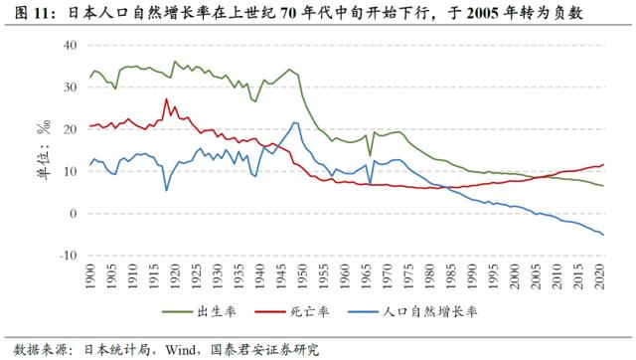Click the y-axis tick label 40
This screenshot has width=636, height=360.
[68, 45]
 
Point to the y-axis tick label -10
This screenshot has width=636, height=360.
[66, 256]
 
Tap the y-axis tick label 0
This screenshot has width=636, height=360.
[72, 214]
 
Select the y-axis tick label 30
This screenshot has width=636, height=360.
[68, 88]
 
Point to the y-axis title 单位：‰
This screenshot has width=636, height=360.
[44, 149]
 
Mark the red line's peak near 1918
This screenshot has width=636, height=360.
[166, 98]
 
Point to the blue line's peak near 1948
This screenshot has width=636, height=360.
[295, 122]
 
